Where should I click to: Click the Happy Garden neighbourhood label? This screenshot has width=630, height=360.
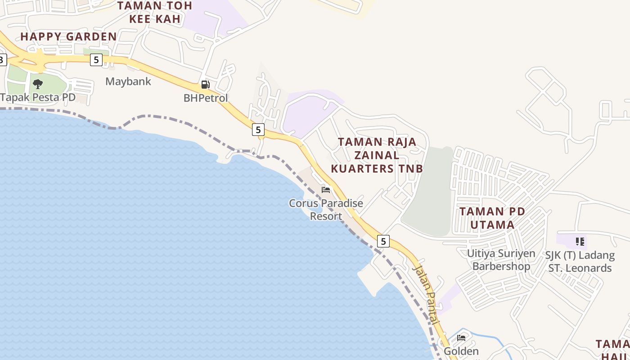coord(68,37)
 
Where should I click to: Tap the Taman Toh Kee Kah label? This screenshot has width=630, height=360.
coord(155,12)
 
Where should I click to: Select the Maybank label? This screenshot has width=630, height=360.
coord(128,81)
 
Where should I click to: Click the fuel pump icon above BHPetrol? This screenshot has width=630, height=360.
coord(206,85)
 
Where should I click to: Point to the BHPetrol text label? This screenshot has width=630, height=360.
coord(206,98)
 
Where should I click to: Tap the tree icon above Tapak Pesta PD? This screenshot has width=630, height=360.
coord(38,84)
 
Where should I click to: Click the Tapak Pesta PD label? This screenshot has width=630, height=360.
coord(38,97)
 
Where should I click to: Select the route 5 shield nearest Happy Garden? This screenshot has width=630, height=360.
coord(96,59)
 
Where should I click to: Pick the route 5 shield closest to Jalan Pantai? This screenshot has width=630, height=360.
coord(383,241)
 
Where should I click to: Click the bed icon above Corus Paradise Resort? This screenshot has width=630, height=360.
coord(326,189)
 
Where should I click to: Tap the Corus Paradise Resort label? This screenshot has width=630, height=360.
coord(326,210)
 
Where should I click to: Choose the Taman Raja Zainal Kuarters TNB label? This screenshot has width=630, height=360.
coord(377,155)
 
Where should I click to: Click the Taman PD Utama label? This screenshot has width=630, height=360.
coord(492,218)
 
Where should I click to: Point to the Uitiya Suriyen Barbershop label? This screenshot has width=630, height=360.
coord(501,260)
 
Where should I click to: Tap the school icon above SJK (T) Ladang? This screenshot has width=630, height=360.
coord(580,242)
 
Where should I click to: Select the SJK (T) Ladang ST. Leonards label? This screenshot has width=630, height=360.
coord(580,261)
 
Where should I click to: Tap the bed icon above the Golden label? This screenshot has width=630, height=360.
coord(461,337)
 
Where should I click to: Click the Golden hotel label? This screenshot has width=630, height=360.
coord(461,351)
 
